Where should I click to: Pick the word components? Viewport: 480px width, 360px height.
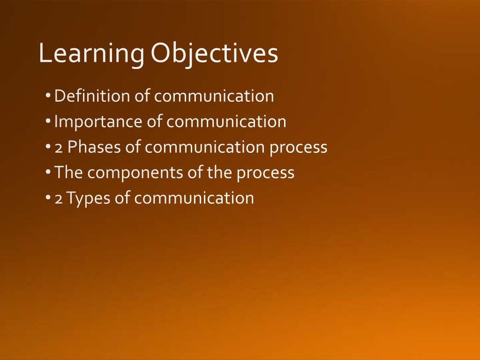point(132,173)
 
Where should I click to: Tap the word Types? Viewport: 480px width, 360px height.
point(89,198)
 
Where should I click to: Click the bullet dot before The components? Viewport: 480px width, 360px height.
point(48,172)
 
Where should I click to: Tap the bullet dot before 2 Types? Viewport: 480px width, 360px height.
point(48,198)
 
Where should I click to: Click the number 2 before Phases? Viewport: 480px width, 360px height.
point(59,148)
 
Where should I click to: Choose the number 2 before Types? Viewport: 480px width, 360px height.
point(59,198)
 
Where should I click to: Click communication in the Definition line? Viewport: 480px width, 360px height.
point(214,96)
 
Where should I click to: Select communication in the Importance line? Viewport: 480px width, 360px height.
point(226,122)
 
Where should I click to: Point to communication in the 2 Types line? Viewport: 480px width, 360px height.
point(194,198)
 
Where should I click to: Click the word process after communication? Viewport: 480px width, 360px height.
point(298,148)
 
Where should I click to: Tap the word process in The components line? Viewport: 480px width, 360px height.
point(265,173)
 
